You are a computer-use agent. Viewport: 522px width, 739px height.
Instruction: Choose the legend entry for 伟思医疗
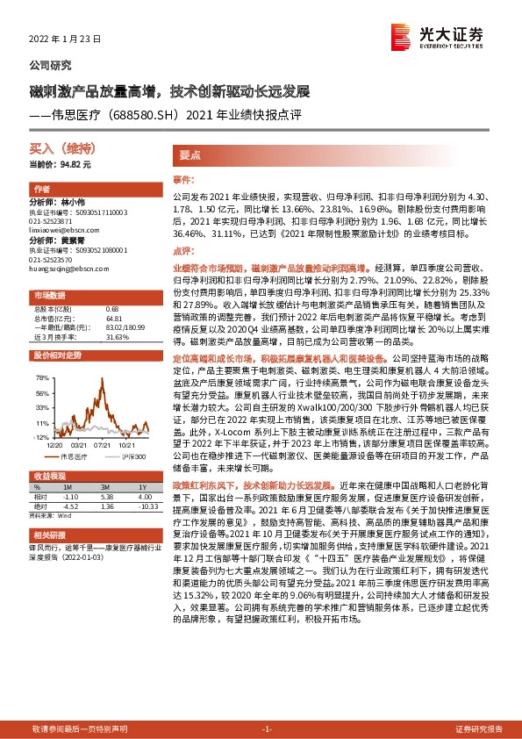coord(73,457)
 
